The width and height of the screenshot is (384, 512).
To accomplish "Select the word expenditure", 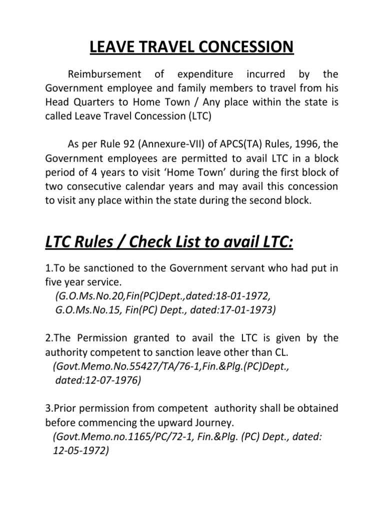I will (x=204, y=74).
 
